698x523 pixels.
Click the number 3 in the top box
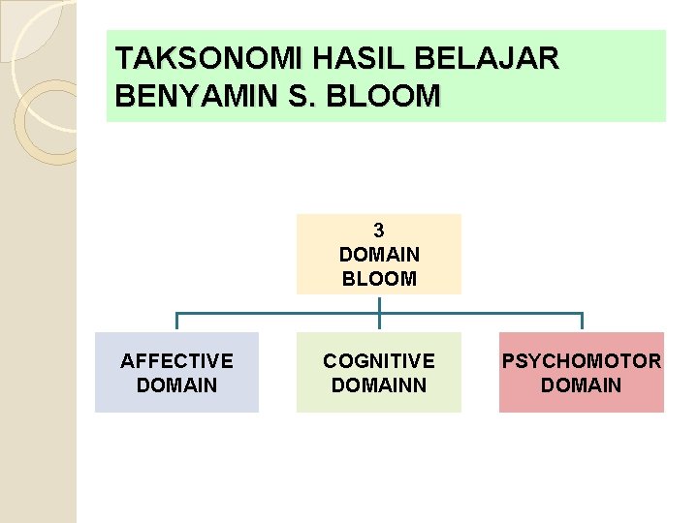coord(378,231)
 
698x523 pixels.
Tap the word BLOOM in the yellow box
coord(379,279)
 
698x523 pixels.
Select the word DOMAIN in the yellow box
coord(379,255)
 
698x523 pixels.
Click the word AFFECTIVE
coord(176,361)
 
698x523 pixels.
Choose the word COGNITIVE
coord(379,361)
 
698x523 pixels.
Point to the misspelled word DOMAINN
coord(379,385)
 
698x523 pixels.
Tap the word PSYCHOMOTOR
coord(582,361)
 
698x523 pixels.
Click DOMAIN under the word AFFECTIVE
coord(176,385)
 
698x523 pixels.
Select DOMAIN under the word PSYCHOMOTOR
coord(582,385)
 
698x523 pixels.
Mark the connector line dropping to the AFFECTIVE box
coord(176,323)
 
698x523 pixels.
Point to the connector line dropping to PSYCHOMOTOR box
coord(582,323)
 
